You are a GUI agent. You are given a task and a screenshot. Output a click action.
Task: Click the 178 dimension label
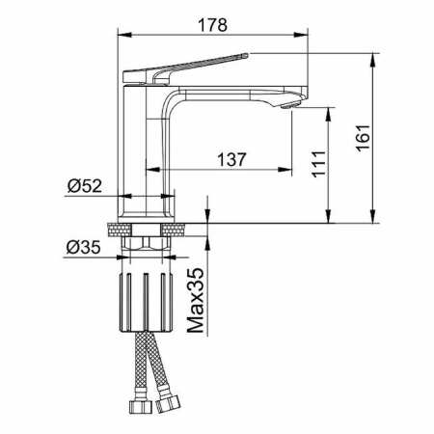click(x=212, y=25)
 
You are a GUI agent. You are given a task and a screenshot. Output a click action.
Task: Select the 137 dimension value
click(x=231, y=159)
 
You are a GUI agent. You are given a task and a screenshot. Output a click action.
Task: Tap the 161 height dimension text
click(x=363, y=137)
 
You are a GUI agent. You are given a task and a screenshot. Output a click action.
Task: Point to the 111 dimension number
click(x=318, y=164)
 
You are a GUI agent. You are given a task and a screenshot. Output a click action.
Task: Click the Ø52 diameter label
click(x=85, y=185)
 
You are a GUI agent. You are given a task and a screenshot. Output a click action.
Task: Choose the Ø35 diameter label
click(x=84, y=247)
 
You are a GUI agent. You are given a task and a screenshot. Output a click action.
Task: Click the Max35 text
click(x=195, y=300)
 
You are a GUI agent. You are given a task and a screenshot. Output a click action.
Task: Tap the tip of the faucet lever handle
click(x=247, y=55)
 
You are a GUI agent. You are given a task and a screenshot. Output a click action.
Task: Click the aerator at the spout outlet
click(x=290, y=105)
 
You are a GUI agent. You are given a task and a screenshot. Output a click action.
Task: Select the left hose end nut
click(x=141, y=406)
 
